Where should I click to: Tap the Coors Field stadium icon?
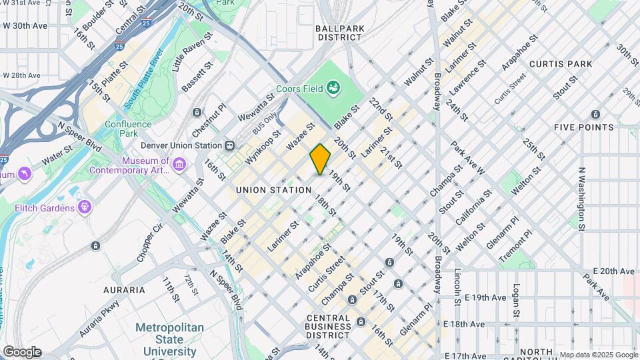(335, 88)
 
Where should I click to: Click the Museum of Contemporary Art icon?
(179, 164)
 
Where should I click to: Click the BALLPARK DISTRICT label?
(339, 33)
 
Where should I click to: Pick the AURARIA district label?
(124, 290)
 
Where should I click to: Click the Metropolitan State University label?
(175, 339)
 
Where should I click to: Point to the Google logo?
(21, 352)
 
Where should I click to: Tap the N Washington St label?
(582, 199)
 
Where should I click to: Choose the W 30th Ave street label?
(25, 25)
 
